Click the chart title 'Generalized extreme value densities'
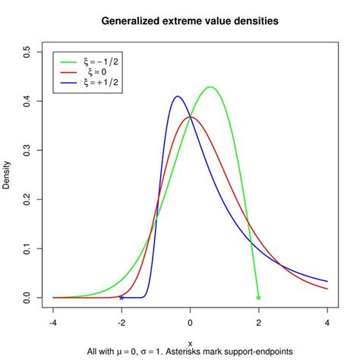pos(190,21)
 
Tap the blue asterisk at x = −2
pos(122,298)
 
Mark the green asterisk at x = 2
pos(258,298)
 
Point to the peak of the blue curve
pos(178,96)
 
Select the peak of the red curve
pos(190,117)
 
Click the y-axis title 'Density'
pos(8,174)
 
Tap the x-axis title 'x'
pos(190,343)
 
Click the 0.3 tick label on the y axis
pos(28,150)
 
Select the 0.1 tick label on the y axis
pos(28,248)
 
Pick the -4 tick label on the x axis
pos(53,322)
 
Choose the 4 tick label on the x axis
pos(327,322)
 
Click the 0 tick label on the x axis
pos(190,322)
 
